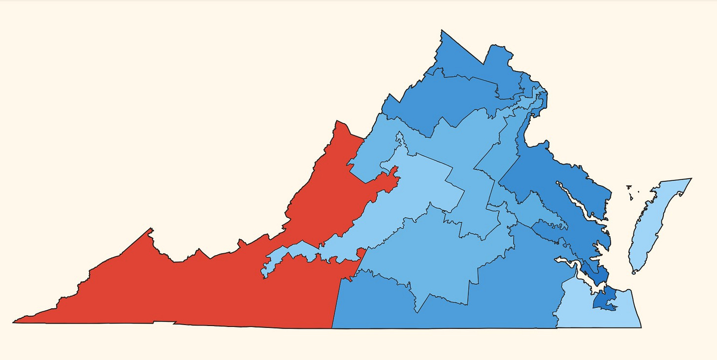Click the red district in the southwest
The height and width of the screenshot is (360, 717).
click(x=197, y=286)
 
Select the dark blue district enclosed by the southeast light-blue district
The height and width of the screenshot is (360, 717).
click(x=605, y=299)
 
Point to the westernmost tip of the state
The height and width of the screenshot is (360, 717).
click(x=13, y=323)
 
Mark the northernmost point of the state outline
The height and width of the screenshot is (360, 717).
click(x=441, y=31)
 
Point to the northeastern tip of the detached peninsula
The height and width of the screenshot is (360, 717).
click(x=691, y=179)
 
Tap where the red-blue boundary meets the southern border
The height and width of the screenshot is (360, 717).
click(x=332, y=327)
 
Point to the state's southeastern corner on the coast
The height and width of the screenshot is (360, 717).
click(x=641, y=327)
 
